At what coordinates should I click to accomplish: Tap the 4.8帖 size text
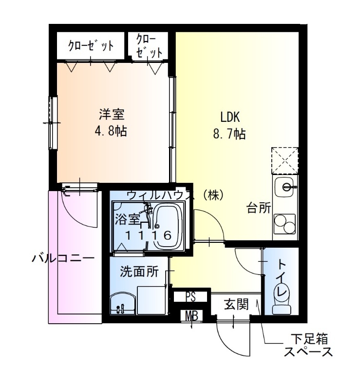[x=112, y=132]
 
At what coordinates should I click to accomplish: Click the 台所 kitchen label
[x=258, y=209]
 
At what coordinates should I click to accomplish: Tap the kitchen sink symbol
[x=285, y=187]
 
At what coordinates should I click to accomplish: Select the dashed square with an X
[x=285, y=159]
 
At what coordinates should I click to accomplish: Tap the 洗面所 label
[x=139, y=272]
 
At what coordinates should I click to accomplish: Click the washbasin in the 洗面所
[x=122, y=304]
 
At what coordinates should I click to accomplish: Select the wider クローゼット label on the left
[x=91, y=46]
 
